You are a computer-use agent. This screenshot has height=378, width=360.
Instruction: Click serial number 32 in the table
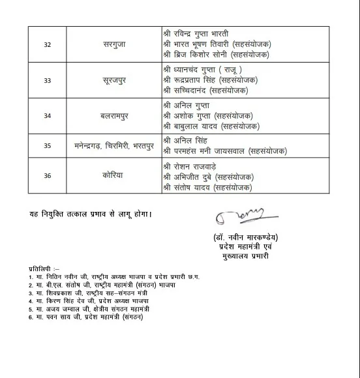tap(48, 44)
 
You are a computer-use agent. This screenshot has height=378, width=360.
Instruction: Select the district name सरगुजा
tap(115, 44)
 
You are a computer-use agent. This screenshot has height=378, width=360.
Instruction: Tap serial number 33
tap(48, 80)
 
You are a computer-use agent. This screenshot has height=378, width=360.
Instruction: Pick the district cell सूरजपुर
tap(115, 80)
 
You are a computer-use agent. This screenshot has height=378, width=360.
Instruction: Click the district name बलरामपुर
tap(115, 115)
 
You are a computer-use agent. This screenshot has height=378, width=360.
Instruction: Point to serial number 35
tap(48, 146)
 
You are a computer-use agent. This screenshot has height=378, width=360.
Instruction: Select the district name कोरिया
tap(115, 175)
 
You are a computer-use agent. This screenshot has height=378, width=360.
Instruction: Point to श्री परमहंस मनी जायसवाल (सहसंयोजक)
tap(232, 151)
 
